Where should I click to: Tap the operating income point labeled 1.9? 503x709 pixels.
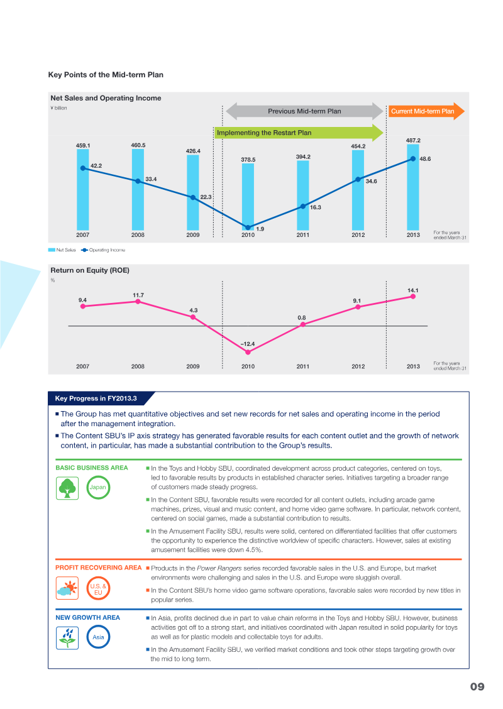tap(248, 228)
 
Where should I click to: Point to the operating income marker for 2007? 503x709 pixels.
tap(83, 168)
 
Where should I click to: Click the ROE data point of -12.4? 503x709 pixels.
tap(248, 352)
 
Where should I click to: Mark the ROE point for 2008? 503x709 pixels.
tap(138, 302)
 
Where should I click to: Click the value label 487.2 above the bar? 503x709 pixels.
tap(413, 140)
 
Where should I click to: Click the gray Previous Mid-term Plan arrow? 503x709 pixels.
tap(304, 111)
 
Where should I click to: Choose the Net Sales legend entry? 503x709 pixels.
tap(62, 250)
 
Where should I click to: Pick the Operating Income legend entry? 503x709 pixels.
tap(103, 250)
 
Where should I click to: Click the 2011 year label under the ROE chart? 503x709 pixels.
tap(303, 366)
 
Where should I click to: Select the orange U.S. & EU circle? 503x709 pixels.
tap(98, 588)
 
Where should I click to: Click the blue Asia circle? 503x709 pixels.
tap(98, 637)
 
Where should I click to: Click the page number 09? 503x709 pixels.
tap(477, 686)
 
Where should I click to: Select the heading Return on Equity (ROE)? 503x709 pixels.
tap(90, 270)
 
